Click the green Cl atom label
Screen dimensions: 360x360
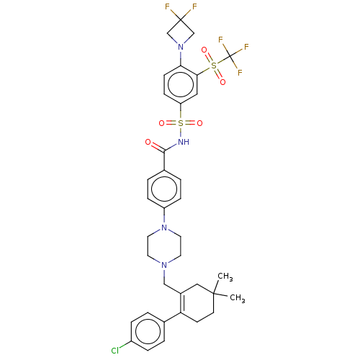(115, 351)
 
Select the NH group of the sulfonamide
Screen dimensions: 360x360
(184, 142)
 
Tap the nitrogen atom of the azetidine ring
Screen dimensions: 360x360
(181, 47)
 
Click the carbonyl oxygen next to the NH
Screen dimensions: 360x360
(148, 142)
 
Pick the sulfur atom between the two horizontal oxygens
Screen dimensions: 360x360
(181, 123)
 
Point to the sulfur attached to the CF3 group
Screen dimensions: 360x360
(214, 66)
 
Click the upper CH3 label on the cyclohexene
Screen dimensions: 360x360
(225, 276)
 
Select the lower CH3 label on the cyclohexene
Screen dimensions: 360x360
(238, 298)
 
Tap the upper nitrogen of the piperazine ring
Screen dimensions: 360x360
(164, 228)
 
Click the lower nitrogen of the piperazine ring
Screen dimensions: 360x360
(164, 265)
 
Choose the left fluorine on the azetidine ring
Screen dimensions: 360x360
(167, 6)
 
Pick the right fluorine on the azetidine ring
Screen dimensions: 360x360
(194, 6)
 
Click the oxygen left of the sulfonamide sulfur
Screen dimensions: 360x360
(162, 123)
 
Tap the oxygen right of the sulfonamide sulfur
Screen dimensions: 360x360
(199, 123)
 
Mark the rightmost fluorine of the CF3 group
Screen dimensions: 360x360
(246, 47)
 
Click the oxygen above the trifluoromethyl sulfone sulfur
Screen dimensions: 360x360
(204, 50)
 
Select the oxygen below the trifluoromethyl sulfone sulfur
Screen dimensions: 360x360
(222, 82)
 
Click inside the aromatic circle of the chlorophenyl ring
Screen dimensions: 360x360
(148, 331)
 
